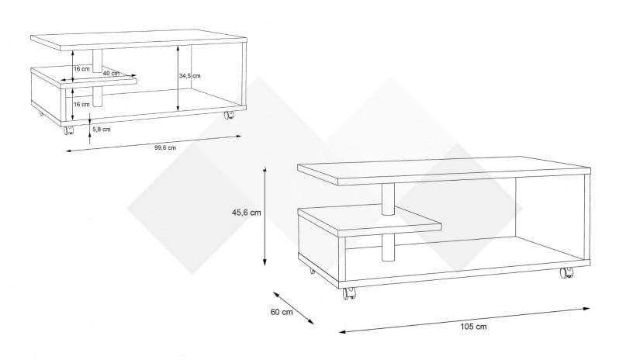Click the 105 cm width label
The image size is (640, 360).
coord(473,327)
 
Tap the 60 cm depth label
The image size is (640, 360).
coord(282,312)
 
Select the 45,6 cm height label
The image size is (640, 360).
coord(246,213)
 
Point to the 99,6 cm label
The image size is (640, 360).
coord(165,147)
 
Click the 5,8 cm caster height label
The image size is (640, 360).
coord(101,130)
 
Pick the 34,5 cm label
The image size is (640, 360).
coord(190,75)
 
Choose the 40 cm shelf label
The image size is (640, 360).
coord(111,74)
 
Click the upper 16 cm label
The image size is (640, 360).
coord(81,69)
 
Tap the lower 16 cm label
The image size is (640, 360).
coord(81,105)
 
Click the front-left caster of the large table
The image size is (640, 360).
coord(349,292)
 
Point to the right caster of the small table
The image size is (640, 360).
coord(229,115)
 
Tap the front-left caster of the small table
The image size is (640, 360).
coord(69,130)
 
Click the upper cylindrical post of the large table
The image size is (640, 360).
coord(388,199)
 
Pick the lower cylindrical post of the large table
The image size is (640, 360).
coord(388,247)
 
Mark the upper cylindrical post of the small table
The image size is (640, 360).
coord(97,61)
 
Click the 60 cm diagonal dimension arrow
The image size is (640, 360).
coord(293,308)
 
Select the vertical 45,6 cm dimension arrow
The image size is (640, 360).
coord(265,216)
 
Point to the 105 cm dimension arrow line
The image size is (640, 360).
coord(465,320)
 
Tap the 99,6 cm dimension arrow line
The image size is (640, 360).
coord(154,144)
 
